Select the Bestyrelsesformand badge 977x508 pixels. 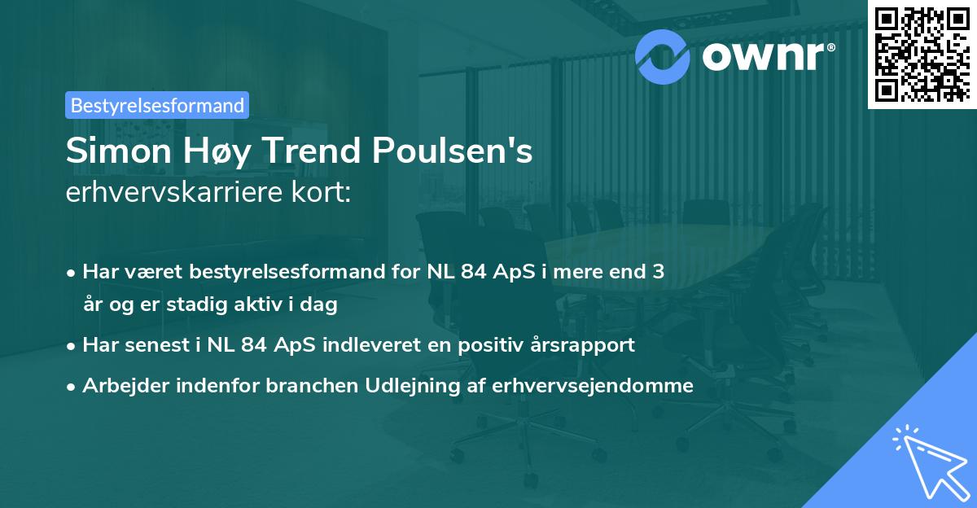pos(157,105)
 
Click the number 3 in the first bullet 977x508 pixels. pos(658,271)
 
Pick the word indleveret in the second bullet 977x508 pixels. pos(377,344)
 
